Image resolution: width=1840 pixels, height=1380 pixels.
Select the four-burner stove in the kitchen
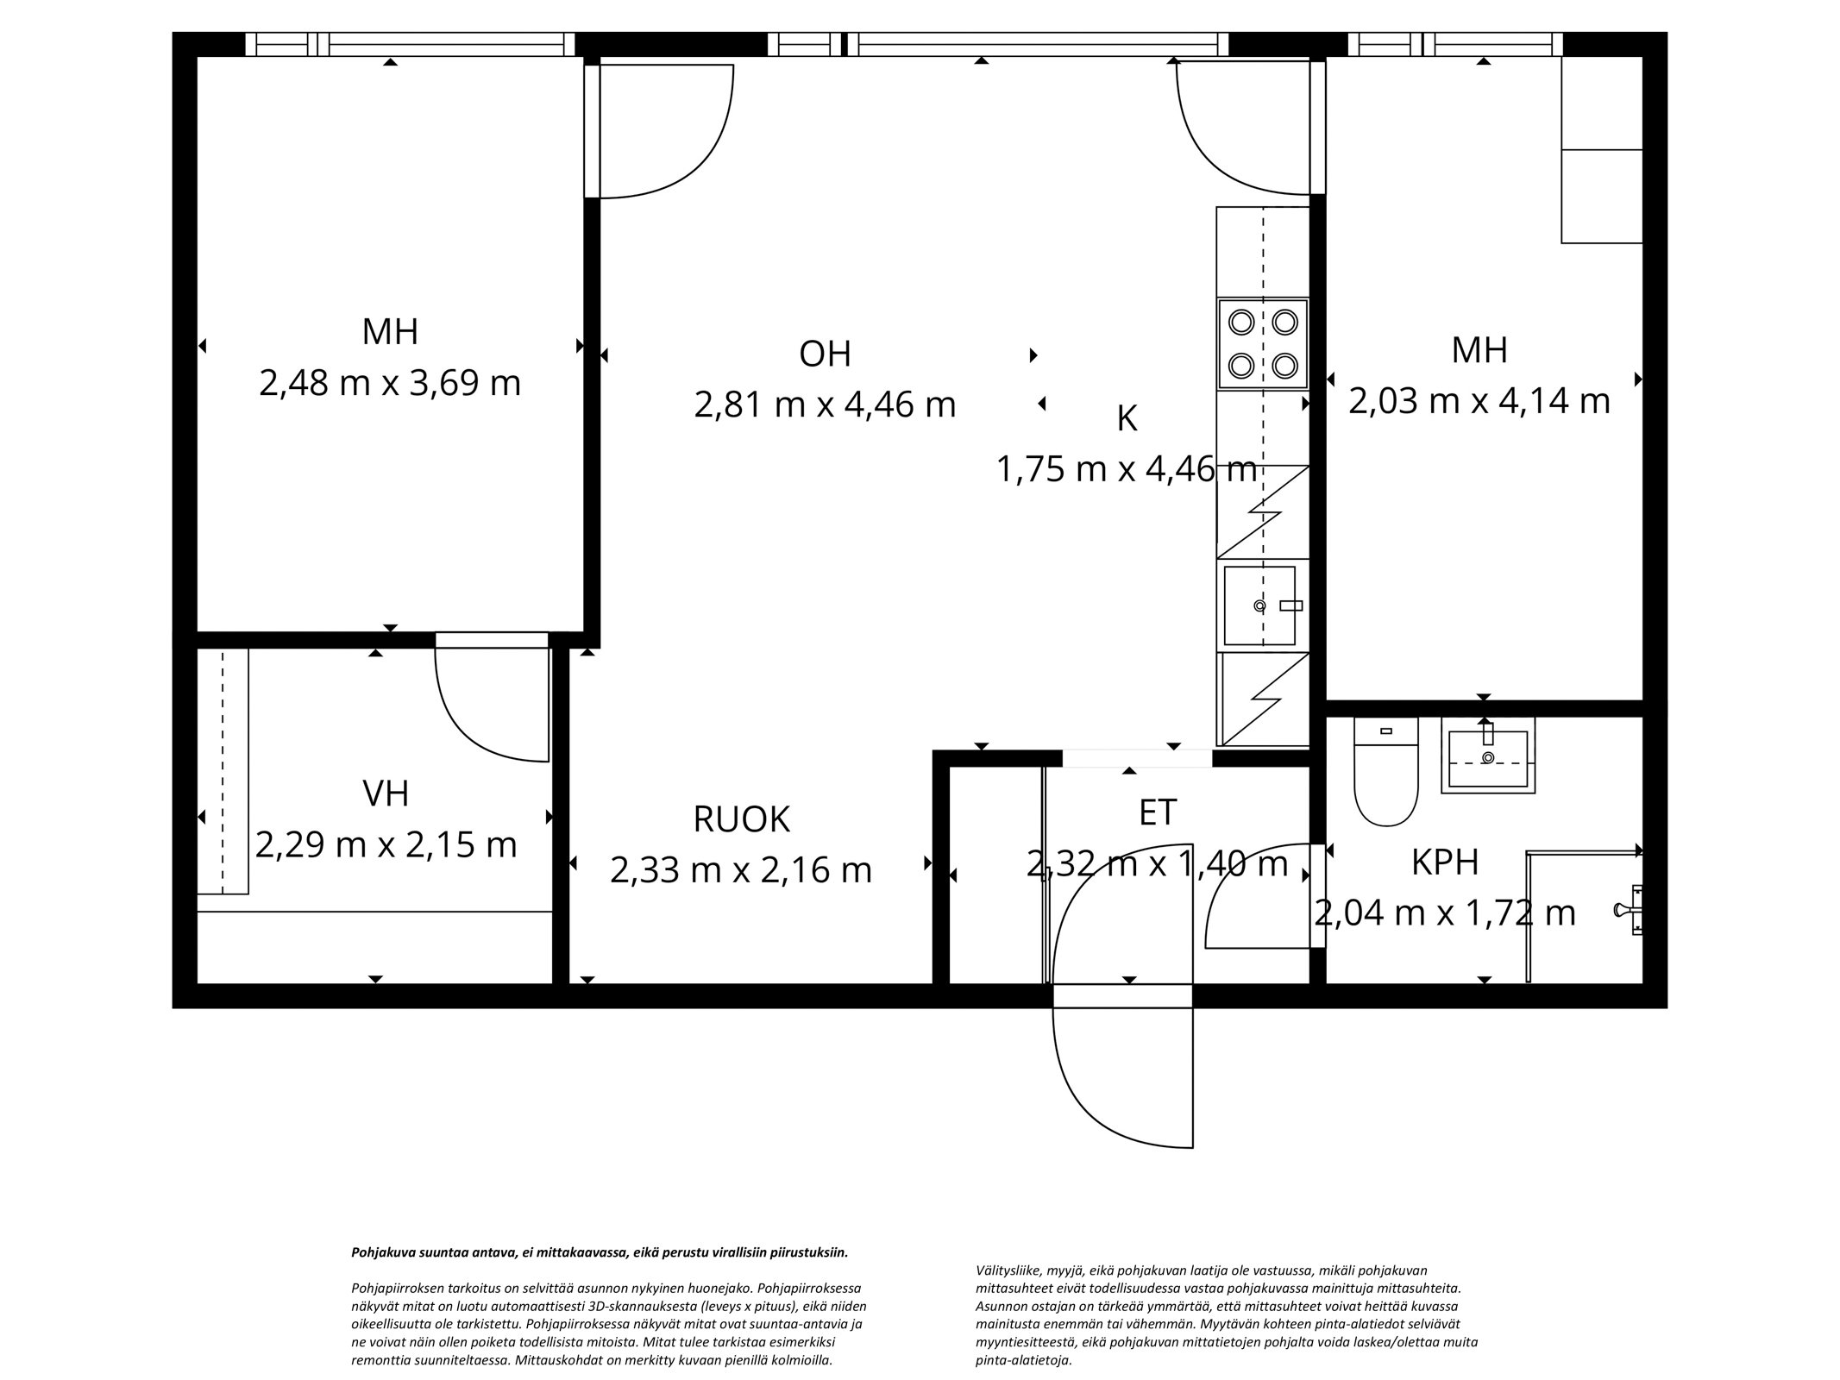click(x=1263, y=344)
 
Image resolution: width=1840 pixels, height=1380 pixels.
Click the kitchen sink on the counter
click(x=1259, y=605)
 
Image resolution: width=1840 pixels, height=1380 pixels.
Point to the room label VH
click(x=386, y=793)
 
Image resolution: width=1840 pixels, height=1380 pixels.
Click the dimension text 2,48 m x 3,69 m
click(x=390, y=383)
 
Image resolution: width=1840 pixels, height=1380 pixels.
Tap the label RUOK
click(x=741, y=819)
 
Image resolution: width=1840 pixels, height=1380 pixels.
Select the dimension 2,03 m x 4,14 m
click(x=1479, y=401)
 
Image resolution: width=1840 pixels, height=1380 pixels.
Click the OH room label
click(x=825, y=354)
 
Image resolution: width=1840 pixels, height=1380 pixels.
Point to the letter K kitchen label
click(x=1126, y=419)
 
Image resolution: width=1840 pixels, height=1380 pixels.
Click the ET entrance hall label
click(x=1157, y=812)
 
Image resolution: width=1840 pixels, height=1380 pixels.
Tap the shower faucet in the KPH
click(x=1629, y=910)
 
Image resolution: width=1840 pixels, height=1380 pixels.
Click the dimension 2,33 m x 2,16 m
click(x=741, y=870)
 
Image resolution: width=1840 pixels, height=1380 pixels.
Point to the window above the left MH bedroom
click(x=410, y=44)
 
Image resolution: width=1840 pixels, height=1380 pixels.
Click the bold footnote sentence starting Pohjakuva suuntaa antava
click(x=600, y=1252)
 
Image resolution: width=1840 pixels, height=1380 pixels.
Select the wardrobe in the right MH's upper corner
click(x=1601, y=151)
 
